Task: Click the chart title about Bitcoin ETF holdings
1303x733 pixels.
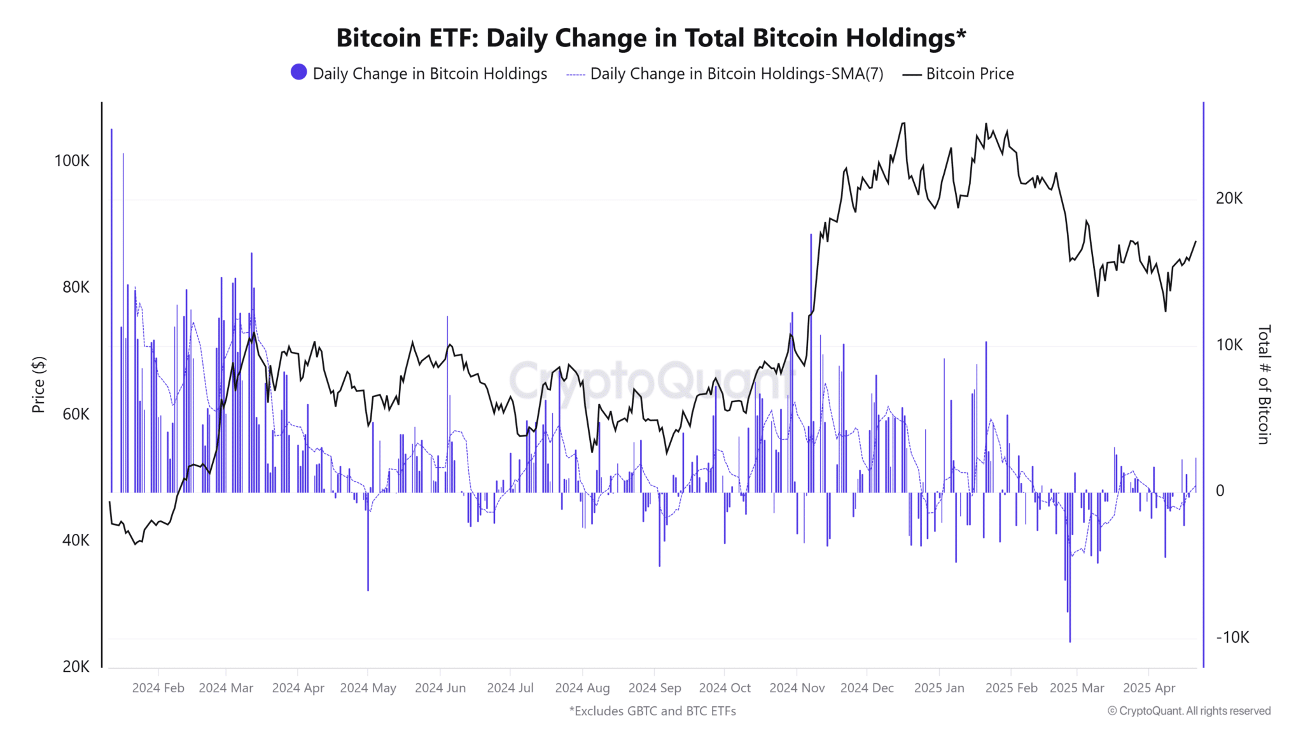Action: pos(651,38)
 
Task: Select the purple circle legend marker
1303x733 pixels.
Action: pos(298,73)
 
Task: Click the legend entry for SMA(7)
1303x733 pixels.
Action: pos(736,74)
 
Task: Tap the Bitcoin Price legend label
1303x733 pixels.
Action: pos(969,74)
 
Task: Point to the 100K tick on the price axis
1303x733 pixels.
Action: pos(72,161)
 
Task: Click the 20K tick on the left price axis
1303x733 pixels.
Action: pos(76,666)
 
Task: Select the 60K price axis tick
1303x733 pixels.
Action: pos(76,414)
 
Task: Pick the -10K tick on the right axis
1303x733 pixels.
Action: pos(1232,638)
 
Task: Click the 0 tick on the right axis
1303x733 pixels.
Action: pos(1220,491)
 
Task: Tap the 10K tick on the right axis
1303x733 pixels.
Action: pos(1229,345)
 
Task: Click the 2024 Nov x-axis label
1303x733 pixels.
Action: pos(797,688)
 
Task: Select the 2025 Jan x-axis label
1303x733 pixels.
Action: pos(939,688)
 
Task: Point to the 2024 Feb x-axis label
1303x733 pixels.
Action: pos(158,688)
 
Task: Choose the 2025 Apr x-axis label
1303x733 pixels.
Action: pos(1148,688)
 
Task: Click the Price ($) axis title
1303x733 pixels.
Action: pos(39,384)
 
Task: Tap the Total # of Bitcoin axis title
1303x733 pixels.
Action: pos(1264,384)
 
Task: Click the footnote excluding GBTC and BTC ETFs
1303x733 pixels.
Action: pos(652,711)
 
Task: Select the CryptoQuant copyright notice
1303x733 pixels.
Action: pos(1188,711)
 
